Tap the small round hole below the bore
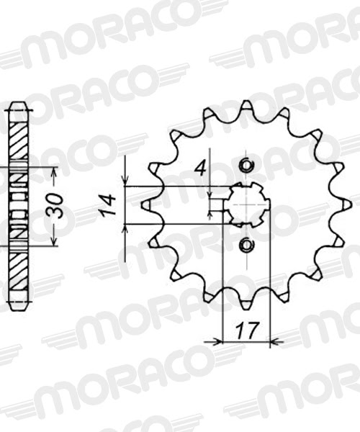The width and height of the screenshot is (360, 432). click(x=246, y=246)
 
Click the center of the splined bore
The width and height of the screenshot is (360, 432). click(x=246, y=206)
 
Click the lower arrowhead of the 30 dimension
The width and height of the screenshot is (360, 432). click(x=55, y=242)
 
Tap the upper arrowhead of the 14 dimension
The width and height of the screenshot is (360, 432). click(x=127, y=182)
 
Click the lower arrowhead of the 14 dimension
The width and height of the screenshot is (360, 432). click(x=127, y=229)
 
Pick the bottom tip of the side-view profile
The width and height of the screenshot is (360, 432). click(x=19, y=307)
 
